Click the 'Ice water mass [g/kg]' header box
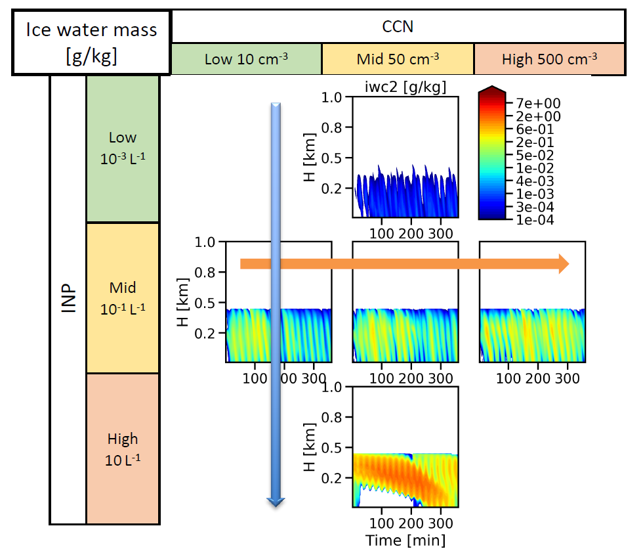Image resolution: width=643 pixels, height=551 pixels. click(x=91, y=42)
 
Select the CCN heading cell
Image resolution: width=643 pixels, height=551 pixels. click(x=398, y=27)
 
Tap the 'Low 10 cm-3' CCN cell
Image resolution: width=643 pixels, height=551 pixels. click(x=246, y=59)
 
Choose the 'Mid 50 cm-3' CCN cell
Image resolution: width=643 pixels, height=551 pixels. click(x=397, y=59)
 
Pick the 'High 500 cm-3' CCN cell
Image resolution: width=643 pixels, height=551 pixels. click(x=549, y=59)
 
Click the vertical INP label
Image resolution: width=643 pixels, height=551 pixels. click(x=68, y=299)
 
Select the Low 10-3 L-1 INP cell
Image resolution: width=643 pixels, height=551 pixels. click(x=123, y=148)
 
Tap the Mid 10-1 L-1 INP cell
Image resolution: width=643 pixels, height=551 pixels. click(x=123, y=298)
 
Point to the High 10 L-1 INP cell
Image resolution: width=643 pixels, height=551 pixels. click(x=123, y=449)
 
